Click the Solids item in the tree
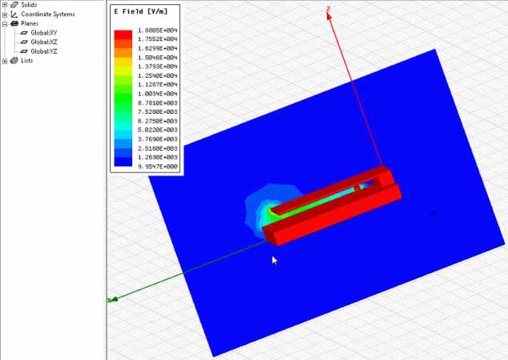[29, 5]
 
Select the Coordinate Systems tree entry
[48, 14]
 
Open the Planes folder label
[29, 23]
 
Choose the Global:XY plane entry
[45, 33]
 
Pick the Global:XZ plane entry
[45, 42]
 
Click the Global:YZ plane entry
[45, 51]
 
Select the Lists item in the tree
[26, 60]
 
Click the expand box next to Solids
[5, 5]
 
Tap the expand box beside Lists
[5, 60]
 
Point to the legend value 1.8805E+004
[157, 30]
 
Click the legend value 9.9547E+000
[157, 167]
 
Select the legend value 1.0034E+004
[157, 93]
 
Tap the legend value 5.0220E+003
[157, 130]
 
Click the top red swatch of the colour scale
[123, 34]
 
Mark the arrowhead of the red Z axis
[329, 10]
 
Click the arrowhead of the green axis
[113, 300]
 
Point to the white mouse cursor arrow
[275, 260]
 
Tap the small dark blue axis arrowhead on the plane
[433, 212]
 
